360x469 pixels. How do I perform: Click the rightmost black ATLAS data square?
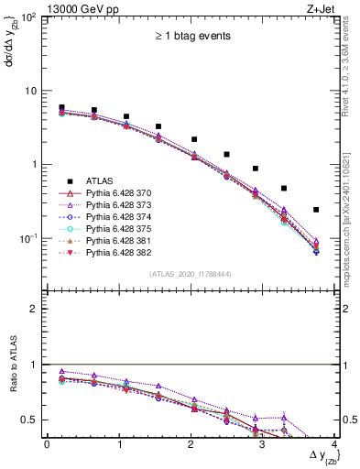click(x=316, y=210)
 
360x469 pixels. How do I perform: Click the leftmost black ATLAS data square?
click(x=61, y=107)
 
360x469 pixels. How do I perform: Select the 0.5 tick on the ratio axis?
click(x=35, y=420)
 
